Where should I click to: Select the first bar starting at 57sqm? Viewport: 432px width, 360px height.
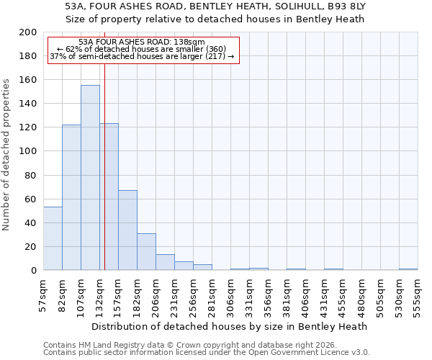point(53,238)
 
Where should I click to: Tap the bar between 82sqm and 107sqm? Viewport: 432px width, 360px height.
point(71,197)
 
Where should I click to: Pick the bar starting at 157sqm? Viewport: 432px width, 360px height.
point(127,230)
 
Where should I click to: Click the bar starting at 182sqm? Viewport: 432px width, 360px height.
point(146,252)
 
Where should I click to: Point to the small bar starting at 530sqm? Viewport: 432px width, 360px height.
point(408,269)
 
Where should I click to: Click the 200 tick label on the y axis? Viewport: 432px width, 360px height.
point(28,32)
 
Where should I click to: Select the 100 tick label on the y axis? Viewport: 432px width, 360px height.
point(28,151)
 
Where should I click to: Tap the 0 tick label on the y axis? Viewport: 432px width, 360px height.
point(33,271)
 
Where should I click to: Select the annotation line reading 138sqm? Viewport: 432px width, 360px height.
point(142,42)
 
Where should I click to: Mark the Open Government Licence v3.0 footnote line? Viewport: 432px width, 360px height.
point(207,353)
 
